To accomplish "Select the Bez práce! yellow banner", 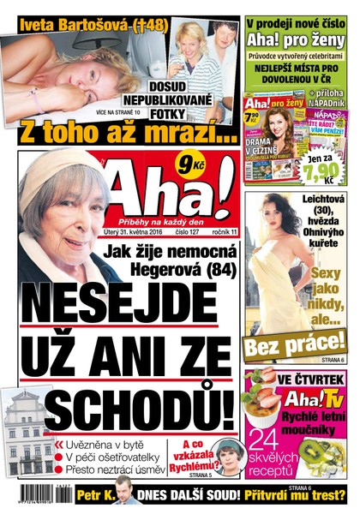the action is click(x=295, y=346).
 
